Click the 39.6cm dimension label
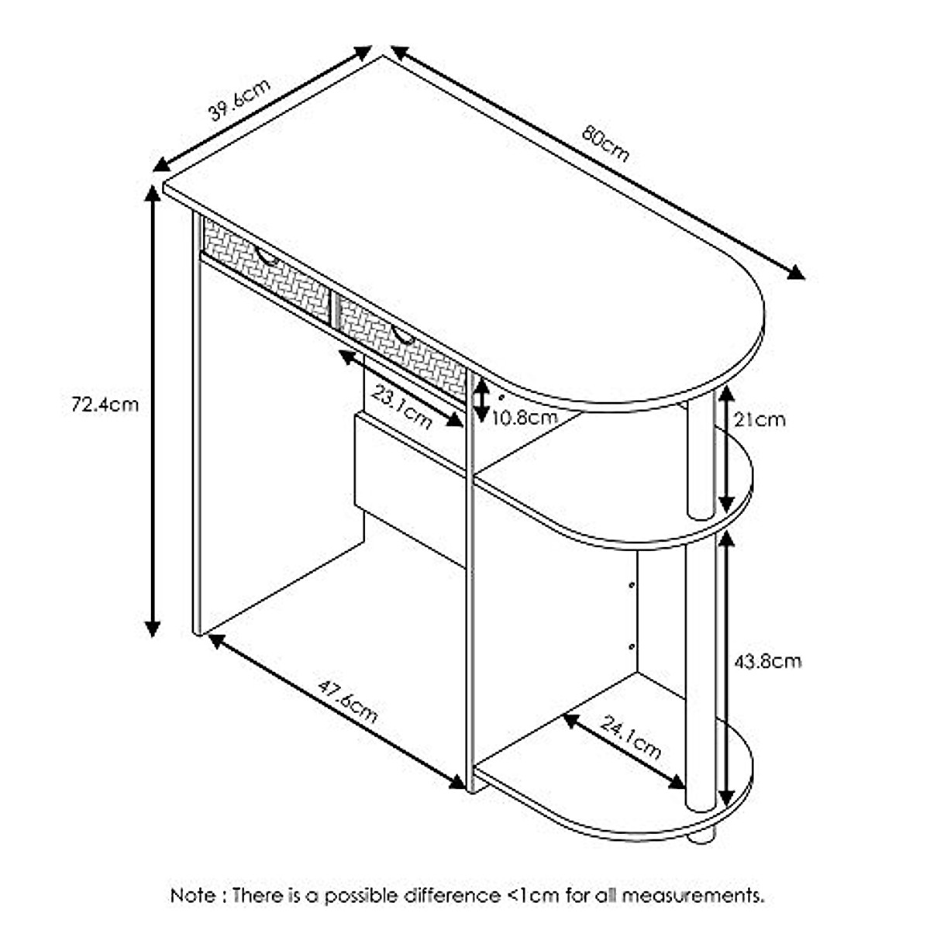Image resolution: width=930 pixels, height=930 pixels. click(x=239, y=100)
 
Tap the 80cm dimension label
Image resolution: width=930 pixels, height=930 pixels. click(x=605, y=143)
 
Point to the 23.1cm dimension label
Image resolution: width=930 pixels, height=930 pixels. click(x=402, y=407)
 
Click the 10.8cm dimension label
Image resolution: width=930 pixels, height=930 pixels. click(x=525, y=418)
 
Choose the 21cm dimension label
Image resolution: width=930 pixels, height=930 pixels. click(x=759, y=419)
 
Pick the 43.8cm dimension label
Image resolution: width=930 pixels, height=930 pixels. click(x=768, y=661)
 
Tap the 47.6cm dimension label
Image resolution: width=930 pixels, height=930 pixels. click(x=348, y=701)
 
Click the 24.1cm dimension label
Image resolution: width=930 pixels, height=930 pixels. click(x=631, y=739)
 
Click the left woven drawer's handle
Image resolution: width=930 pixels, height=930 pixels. click(x=267, y=257)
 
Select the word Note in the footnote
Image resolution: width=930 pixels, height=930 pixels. click(x=194, y=896)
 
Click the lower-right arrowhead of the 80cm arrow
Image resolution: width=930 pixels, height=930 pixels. click(x=796, y=273)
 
